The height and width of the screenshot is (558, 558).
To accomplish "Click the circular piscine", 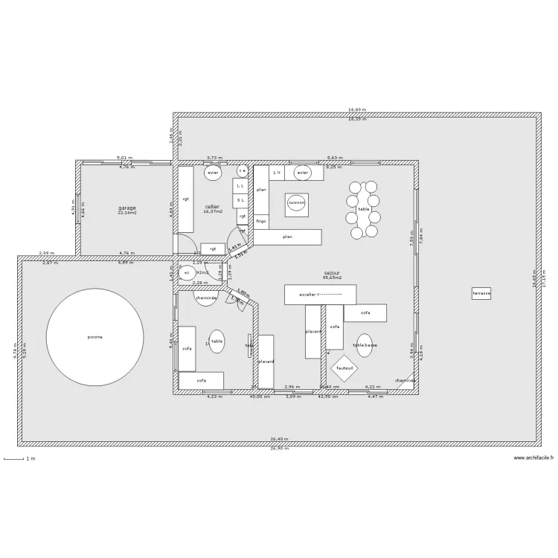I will pos(95,337).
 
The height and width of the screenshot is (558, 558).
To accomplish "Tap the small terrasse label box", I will pos(481,294).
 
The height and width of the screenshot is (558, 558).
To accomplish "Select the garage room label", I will pos(126,210).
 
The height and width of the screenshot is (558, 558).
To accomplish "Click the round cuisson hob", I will pos(296,202).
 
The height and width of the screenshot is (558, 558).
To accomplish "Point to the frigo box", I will pos(261,221).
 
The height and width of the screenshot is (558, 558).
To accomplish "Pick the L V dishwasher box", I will pos(276,173).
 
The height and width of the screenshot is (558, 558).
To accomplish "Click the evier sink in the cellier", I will pos(214,173).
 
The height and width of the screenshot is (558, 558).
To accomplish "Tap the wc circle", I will pos(187,273).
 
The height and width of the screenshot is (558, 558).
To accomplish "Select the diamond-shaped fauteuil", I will pos(344,368).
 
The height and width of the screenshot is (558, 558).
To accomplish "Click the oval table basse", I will pos(365,345).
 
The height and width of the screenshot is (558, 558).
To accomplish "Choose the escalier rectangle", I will pos(320,295).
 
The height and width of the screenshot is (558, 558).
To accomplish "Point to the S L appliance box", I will pos(240,199).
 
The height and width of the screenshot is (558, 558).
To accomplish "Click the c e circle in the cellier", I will pos(243,171).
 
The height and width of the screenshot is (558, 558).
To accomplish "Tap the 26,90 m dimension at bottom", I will pos(279,449).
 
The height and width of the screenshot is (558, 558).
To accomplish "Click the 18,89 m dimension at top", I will pos(357,111).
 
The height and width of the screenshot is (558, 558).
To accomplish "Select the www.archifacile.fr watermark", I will pos(533,458).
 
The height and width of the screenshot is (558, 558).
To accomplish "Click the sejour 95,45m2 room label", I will pos(332,275).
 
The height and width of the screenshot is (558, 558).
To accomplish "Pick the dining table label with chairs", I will pos(363,209).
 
